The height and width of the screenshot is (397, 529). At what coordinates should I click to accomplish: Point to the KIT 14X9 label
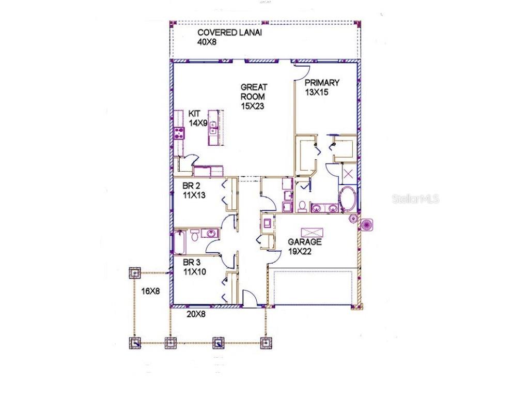(x=197, y=118)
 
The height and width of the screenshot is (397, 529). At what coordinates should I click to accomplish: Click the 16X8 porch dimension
(x=150, y=291)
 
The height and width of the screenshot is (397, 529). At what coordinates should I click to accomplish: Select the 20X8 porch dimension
(x=196, y=314)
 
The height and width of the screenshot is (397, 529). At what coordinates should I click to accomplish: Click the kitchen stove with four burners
(x=179, y=132)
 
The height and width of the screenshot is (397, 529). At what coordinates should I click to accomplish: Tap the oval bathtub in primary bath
(x=347, y=197)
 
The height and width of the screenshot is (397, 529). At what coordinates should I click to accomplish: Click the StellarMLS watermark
(x=415, y=198)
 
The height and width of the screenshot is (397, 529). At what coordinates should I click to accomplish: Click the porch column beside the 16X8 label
(x=135, y=272)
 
